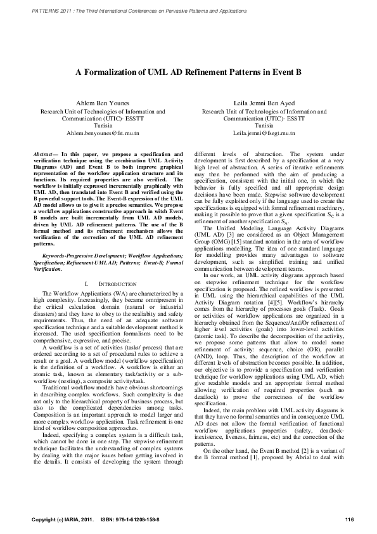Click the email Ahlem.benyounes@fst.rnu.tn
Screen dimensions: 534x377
pos(103,134)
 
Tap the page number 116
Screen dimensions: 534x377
pos(349,520)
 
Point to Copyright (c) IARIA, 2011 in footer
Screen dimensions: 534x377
pos(63,520)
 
